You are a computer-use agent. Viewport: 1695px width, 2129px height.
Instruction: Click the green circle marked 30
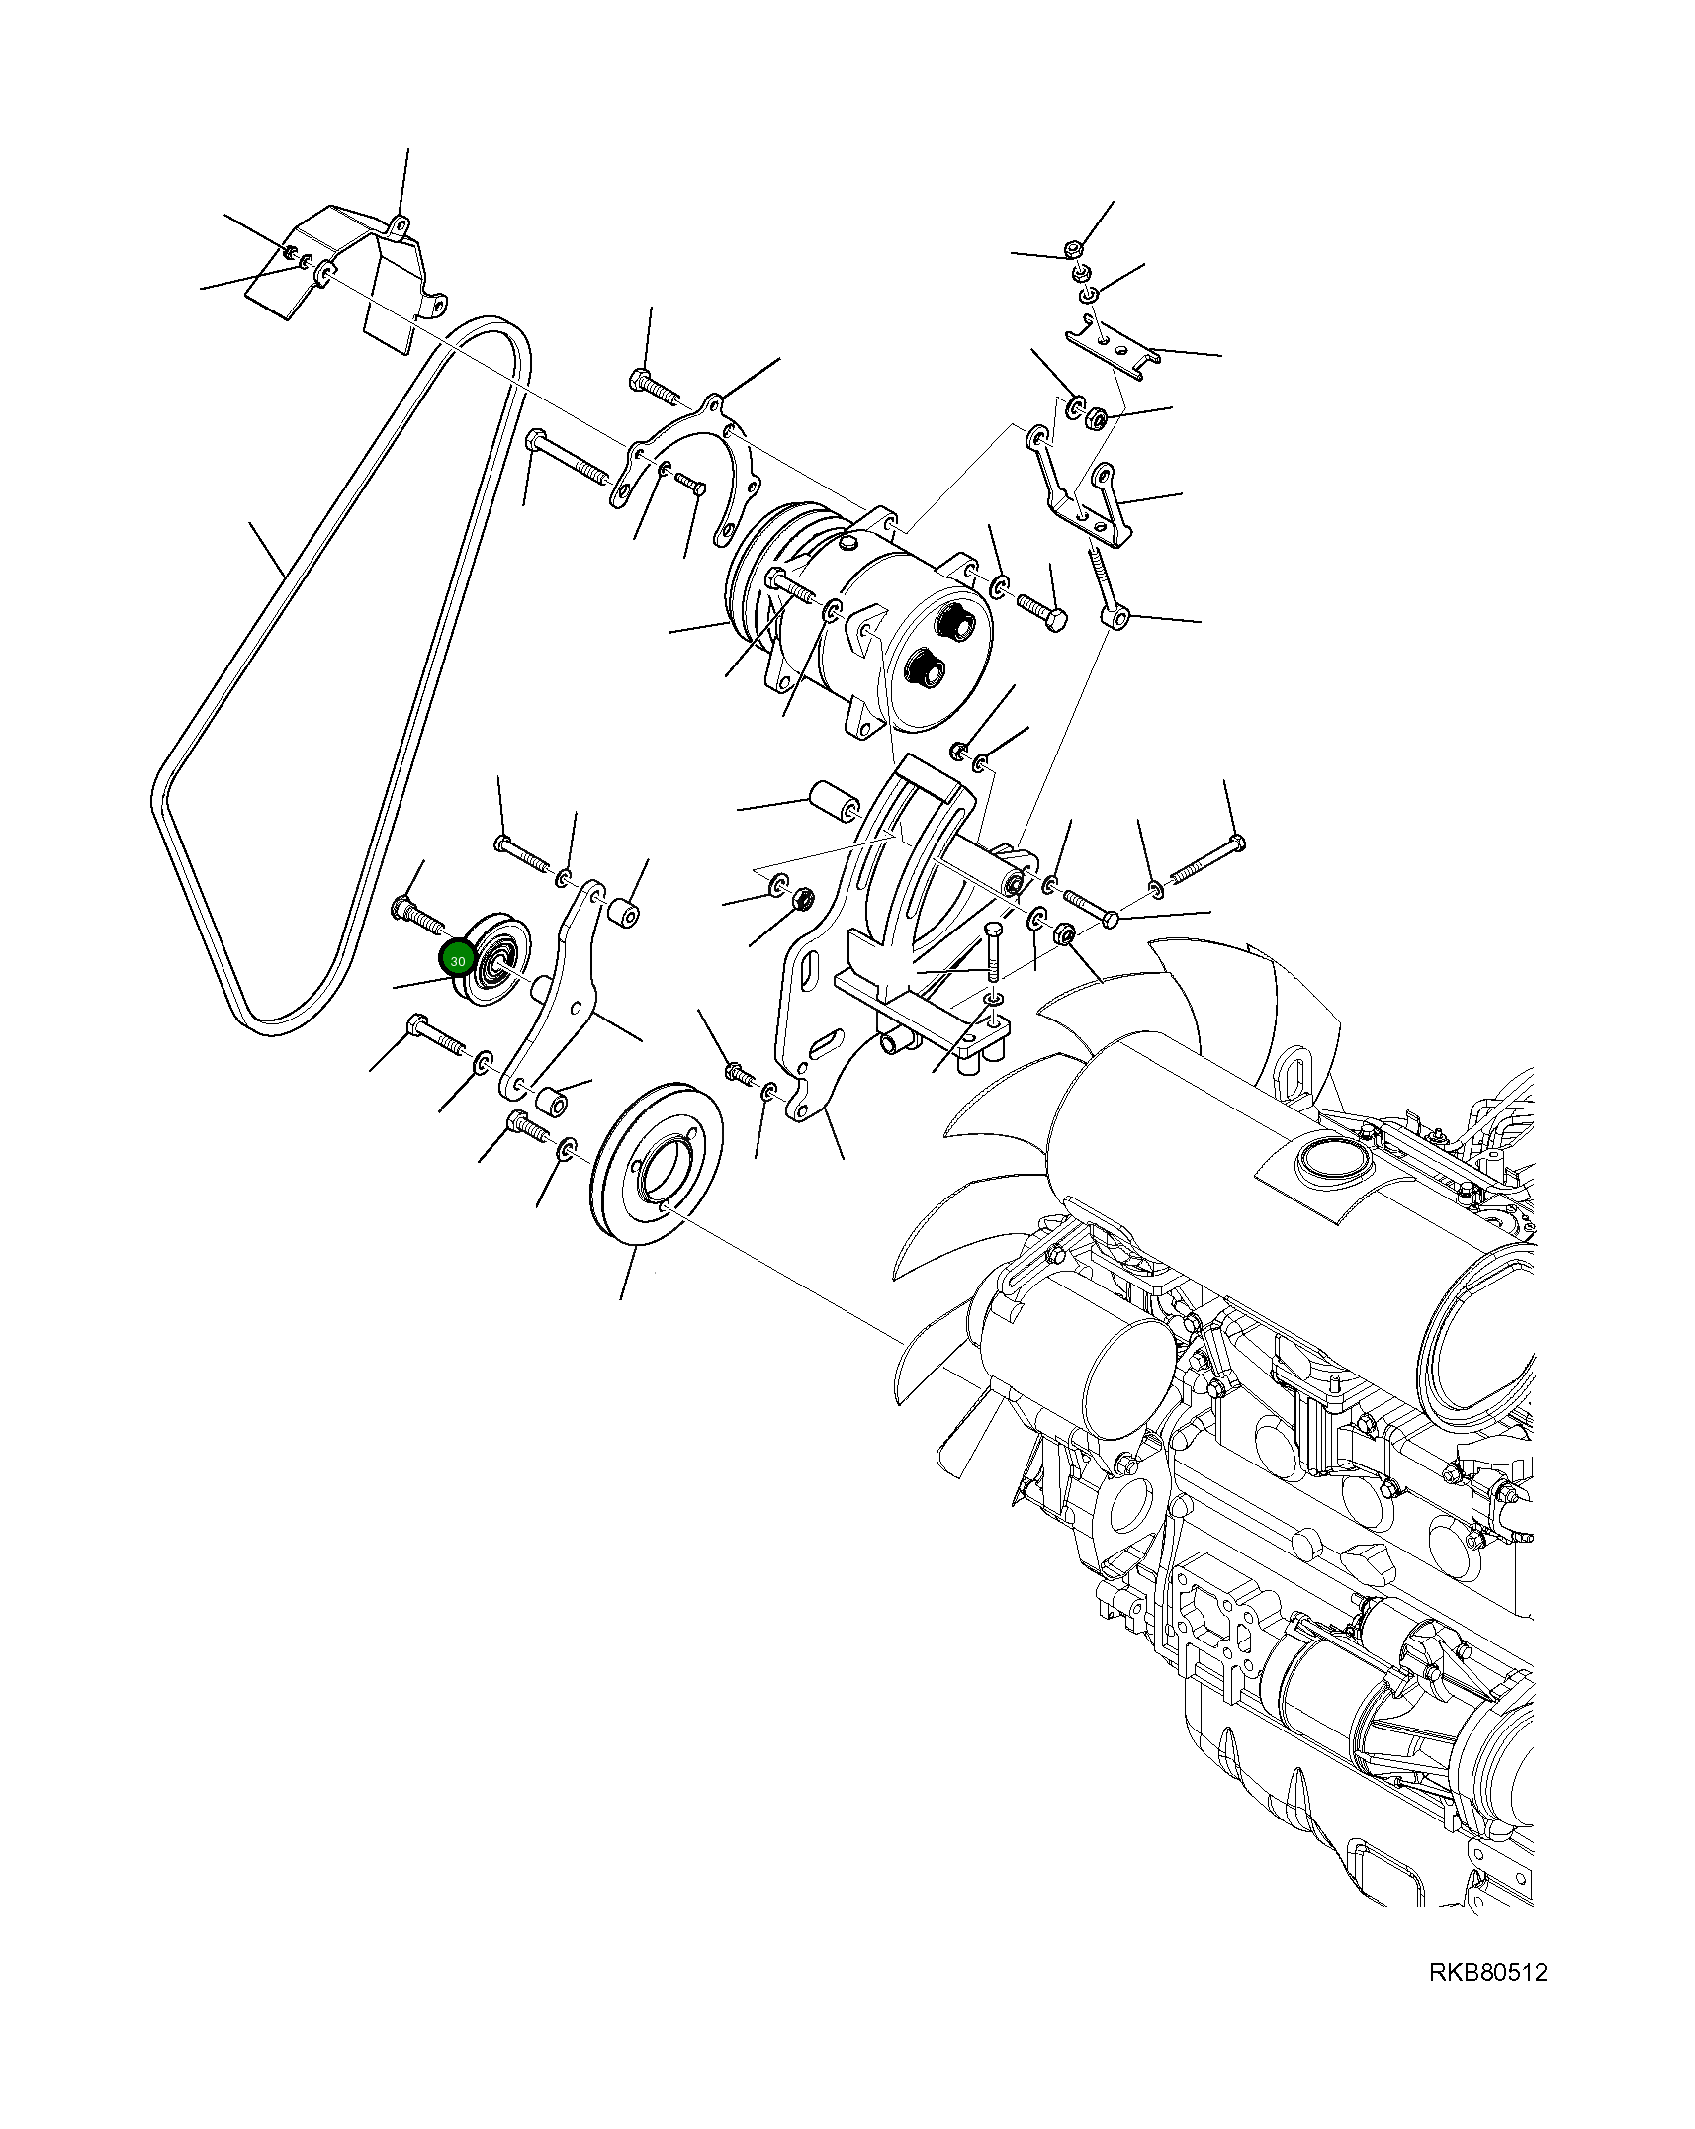click(457, 959)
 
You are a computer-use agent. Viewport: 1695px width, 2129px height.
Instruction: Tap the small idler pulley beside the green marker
click(497, 958)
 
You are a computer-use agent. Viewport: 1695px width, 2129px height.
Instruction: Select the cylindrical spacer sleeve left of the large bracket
click(834, 802)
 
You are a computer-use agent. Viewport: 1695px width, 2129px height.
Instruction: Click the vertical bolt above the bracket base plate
click(994, 955)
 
